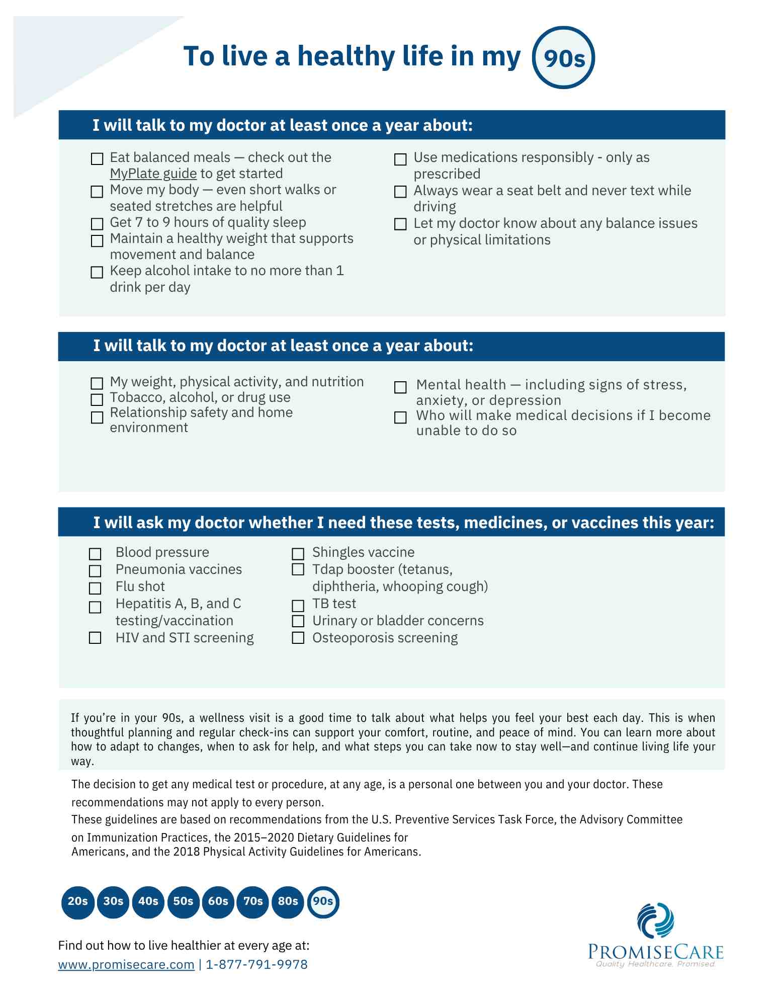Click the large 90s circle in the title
(x=563, y=58)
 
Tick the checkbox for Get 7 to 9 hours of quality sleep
(x=97, y=223)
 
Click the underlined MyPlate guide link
(x=153, y=174)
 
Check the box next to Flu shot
(x=95, y=588)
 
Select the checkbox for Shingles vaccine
(x=298, y=554)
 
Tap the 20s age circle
(x=77, y=901)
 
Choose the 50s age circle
(x=183, y=901)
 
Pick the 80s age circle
(x=288, y=901)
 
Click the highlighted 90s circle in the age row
(x=323, y=901)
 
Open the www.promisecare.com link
(x=126, y=964)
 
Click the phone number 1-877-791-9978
(x=256, y=964)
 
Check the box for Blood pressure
(x=95, y=554)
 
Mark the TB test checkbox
(x=298, y=605)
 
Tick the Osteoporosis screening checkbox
(x=298, y=638)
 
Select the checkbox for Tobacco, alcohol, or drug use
(x=97, y=399)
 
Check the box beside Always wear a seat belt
(x=400, y=192)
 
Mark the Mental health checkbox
(x=400, y=387)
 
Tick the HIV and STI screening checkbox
(x=95, y=638)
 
